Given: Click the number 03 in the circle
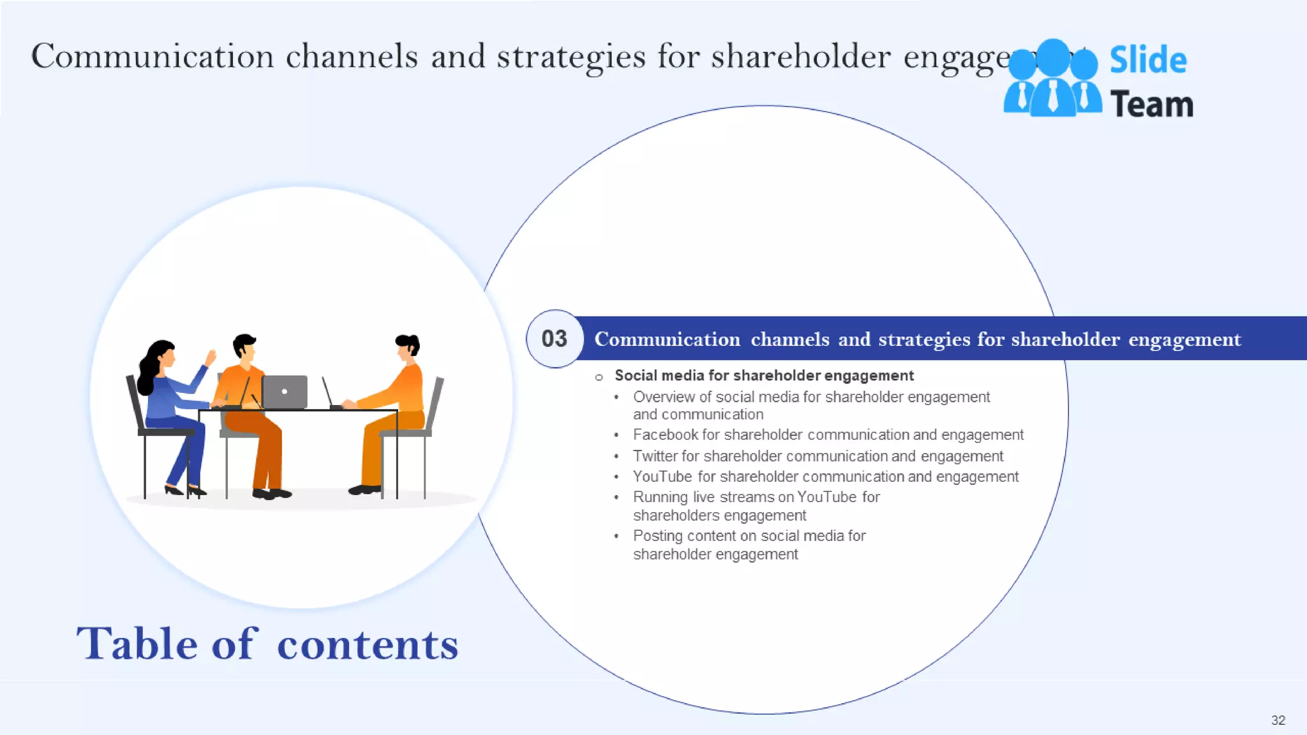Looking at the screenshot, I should point(554,339).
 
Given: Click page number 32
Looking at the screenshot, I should point(1278,720).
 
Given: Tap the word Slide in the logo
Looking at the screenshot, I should point(1147,61).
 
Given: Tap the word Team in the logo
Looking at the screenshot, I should point(1151,105).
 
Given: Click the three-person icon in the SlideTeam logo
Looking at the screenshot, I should point(1052,79).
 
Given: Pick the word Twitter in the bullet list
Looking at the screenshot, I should point(655,456).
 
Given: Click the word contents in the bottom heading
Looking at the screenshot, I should point(368,644).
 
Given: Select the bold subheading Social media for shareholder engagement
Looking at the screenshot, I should point(764,376).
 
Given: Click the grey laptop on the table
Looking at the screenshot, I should point(285,392).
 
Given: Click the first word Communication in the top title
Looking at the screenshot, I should point(153,56).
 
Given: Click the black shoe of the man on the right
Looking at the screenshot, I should point(364,490).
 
